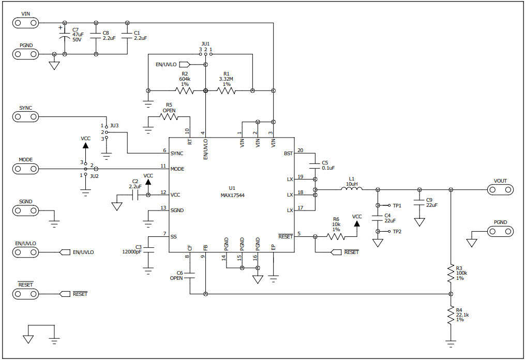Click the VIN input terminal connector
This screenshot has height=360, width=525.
(x=26, y=23)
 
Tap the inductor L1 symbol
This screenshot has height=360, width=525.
(x=352, y=189)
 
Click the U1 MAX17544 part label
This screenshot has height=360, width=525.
(x=232, y=192)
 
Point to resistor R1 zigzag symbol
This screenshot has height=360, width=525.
(x=226, y=91)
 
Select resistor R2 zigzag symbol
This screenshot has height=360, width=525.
(x=185, y=91)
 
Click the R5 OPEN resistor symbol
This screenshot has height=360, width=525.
(x=169, y=117)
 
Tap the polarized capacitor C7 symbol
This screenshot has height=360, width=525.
(x=65, y=38)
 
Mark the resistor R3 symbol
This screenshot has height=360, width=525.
(x=451, y=274)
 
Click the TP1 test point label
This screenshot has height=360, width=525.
(x=397, y=206)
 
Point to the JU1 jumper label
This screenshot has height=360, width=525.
(x=205, y=44)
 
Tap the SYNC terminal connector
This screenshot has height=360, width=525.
(x=26, y=117)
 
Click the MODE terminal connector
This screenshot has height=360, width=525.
(x=26, y=169)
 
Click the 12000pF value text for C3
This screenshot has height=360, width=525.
(x=131, y=252)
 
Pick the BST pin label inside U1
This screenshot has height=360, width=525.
(x=288, y=154)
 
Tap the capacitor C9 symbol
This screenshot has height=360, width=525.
(x=419, y=202)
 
